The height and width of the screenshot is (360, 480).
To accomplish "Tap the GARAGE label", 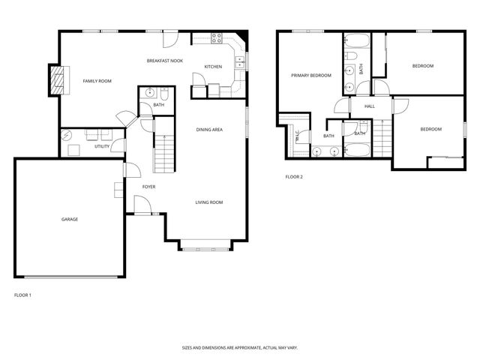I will click(70, 219).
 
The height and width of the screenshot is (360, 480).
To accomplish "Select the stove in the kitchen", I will click(217, 37).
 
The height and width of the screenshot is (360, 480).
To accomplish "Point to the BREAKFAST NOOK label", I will click(165, 60).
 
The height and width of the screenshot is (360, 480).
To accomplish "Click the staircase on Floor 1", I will click(163, 154).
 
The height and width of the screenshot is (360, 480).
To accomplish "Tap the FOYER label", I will click(149, 186).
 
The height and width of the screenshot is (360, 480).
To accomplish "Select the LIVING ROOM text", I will click(209, 202).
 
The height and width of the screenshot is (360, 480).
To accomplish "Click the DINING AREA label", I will click(209, 130).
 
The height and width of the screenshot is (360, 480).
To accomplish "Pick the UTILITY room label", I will click(102, 146).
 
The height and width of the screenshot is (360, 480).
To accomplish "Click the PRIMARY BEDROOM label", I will click(311, 76).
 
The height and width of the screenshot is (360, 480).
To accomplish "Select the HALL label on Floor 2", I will click(370, 106).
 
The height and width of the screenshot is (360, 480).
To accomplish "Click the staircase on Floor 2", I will click(382, 138).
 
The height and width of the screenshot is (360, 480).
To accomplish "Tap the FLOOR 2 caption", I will click(294, 177).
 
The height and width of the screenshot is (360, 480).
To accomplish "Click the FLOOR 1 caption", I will click(22, 295).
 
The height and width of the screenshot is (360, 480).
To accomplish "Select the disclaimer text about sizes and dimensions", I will click(239, 347).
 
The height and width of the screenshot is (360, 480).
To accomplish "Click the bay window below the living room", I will click(207, 244).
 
